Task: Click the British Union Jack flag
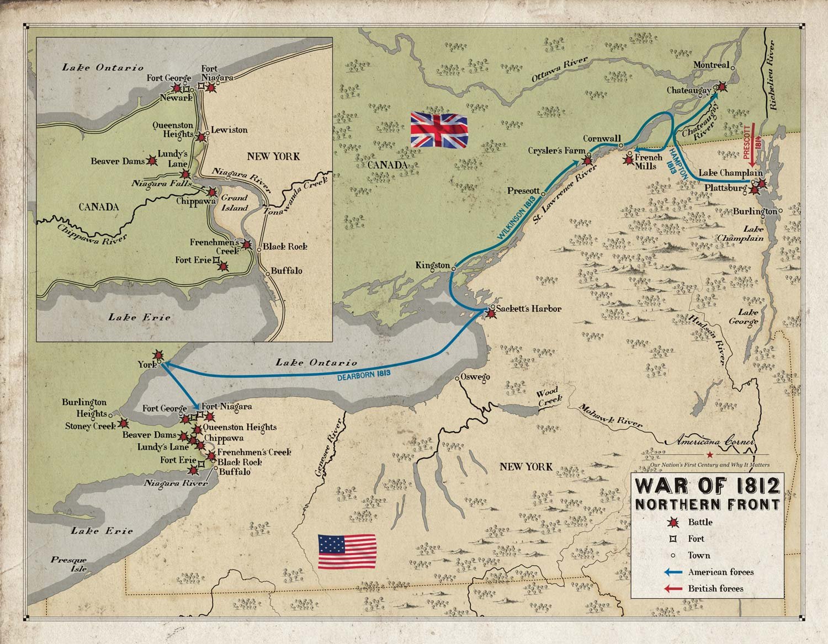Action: tap(439, 130)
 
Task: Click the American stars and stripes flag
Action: tap(347, 551)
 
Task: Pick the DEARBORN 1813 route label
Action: tap(364, 374)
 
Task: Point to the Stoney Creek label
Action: tap(90, 425)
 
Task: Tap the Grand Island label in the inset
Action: tap(234, 203)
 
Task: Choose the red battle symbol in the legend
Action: tap(673, 523)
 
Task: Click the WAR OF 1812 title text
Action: tap(708, 486)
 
